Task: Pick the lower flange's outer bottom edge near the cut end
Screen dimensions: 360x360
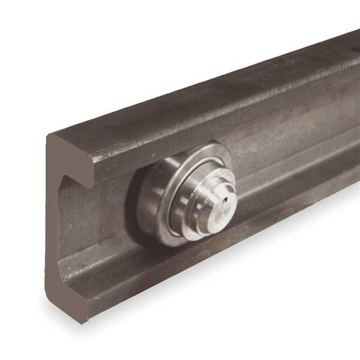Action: pos(122,305)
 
